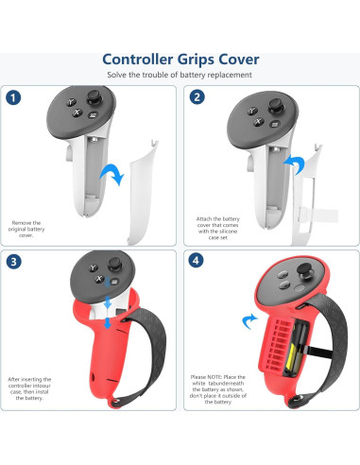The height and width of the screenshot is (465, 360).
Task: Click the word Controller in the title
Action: pyautogui.click(x=138, y=60)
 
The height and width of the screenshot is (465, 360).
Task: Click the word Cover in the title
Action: pyautogui.click(x=239, y=60)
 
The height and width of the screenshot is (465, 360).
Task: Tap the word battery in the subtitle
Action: pyautogui.click(x=193, y=75)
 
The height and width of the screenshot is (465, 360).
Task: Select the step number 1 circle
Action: pyautogui.click(x=13, y=97)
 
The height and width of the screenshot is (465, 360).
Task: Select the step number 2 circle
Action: pyautogui.click(x=197, y=97)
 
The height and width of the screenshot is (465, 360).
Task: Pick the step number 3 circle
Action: pyautogui.click(x=13, y=262)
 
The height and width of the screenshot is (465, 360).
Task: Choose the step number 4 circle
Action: pyautogui.click(x=196, y=260)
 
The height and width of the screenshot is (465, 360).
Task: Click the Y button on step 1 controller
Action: pyautogui.click(x=71, y=102)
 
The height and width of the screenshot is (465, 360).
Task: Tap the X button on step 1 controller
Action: pyautogui.click(x=77, y=112)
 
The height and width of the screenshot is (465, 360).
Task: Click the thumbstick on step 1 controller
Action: pyautogui.click(x=94, y=97)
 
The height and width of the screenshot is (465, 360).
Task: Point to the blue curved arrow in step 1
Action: pyautogui.click(x=112, y=174)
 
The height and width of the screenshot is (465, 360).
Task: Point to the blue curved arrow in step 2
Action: pyautogui.click(x=294, y=164)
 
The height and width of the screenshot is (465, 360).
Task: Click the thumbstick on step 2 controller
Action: pyautogui.click(x=275, y=106)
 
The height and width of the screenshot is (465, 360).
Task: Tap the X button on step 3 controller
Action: pyautogui.click(x=99, y=279)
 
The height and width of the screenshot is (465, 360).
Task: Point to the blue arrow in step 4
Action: pyautogui.click(x=249, y=320)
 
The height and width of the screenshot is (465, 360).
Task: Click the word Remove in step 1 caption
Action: pyautogui.click(x=18, y=223)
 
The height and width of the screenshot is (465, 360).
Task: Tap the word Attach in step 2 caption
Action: pyautogui.click(x=203, y=218)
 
